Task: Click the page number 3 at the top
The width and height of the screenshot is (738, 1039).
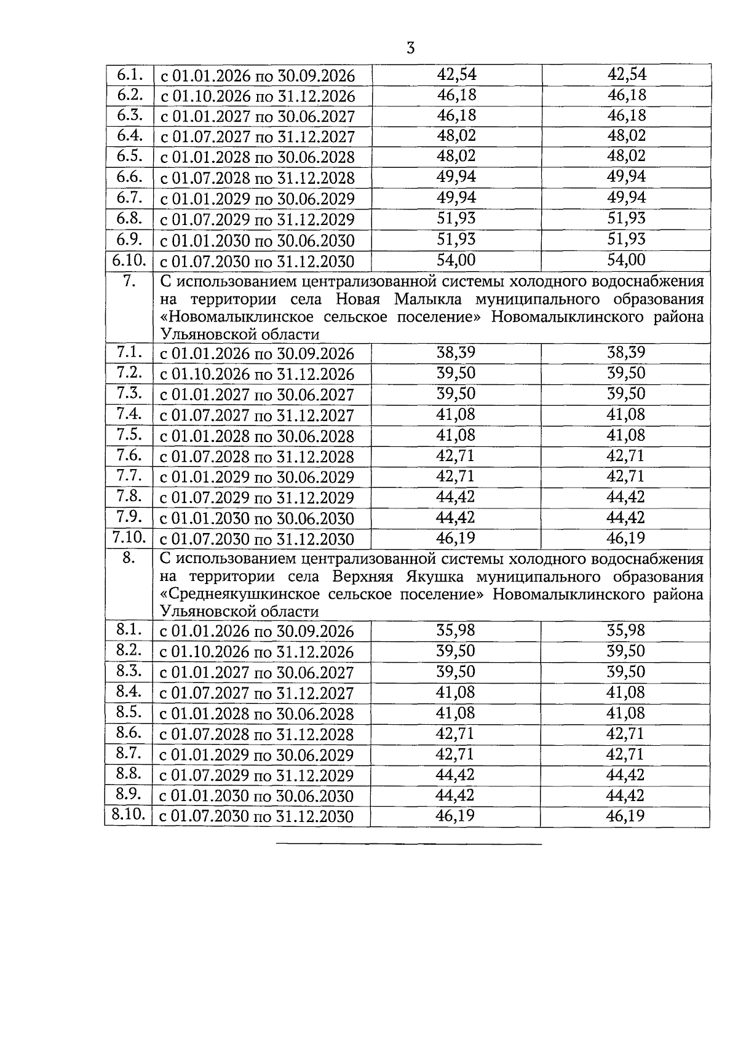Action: [x=411, y=49]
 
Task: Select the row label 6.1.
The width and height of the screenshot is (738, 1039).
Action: [x=129, y=75]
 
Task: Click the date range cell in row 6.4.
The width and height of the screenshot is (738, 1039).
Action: [x=258, y=137]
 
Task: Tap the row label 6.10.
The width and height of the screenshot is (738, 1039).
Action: [x=129, y=260]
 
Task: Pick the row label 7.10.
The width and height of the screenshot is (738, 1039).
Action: [x=129, y=538]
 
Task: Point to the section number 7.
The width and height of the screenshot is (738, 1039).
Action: [x=129, y=282]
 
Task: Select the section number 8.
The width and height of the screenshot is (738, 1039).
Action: [x=129, y=559]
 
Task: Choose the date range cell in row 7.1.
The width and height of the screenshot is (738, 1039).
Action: [x=258, y=354]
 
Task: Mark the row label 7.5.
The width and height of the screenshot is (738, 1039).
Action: [x=129, y=435]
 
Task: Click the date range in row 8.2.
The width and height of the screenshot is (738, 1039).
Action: [x=258, y=652]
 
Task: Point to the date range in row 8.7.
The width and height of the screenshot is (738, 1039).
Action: [x=258, y=756]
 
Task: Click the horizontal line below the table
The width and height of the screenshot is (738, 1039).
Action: [x=409, y=844]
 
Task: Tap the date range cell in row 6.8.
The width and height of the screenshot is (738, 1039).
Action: [x=258, y=219]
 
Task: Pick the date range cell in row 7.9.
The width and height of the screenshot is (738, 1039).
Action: [x=258, y=518]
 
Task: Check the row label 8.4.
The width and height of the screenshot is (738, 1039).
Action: [x=129, y=692]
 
